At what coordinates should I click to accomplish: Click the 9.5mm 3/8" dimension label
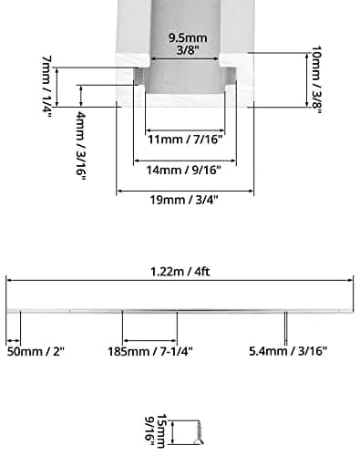[x=188, y=44]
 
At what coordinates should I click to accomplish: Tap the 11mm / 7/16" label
[x=185, y=140]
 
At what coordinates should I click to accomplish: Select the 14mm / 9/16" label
[x=184, y=170]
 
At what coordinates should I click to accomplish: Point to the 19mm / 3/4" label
[x=184, y=200]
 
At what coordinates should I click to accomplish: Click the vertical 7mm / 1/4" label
[x=46, y=88]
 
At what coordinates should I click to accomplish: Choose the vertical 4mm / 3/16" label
[x=81, y=146]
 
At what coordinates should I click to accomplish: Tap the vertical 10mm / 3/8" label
[x=316, y=79]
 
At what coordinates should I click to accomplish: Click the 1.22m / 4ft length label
[x=180, y=272]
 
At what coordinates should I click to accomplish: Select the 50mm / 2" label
[x=36, y=351]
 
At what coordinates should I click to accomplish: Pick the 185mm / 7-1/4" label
[x=150, y=351]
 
